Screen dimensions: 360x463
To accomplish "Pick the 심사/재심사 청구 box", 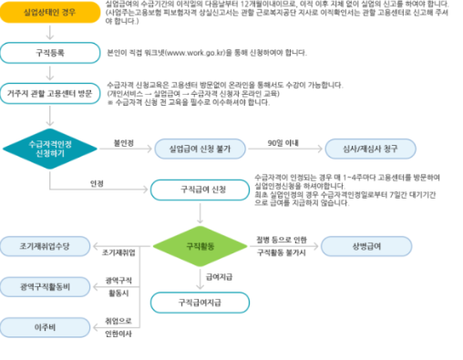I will coord(369,148).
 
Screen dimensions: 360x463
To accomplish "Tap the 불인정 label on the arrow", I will coord(122,142).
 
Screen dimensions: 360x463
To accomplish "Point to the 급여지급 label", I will coord(219,275).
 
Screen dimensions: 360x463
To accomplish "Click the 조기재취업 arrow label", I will coord(119,252).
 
